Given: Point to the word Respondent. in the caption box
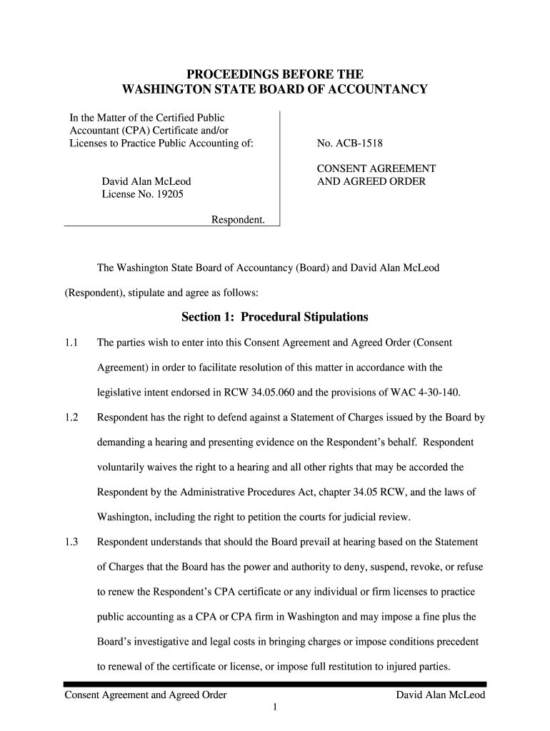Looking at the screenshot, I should (238, 220).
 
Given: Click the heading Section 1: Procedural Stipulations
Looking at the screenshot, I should (275, 316).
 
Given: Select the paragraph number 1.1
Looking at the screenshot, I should (70, 343).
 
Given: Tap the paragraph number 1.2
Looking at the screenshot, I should (70, 418).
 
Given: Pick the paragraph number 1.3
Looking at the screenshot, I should (70, 542).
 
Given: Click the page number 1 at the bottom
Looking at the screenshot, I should (275, 707).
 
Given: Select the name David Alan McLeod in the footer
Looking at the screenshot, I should (441, 695).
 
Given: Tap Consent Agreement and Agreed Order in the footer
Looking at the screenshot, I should (146, 695).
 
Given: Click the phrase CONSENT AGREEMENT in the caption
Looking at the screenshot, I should (376, 168).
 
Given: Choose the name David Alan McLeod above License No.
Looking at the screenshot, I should (146, 181).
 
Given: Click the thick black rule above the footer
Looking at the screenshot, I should (275, 684).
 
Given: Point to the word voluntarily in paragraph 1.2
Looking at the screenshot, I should (123, 468).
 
